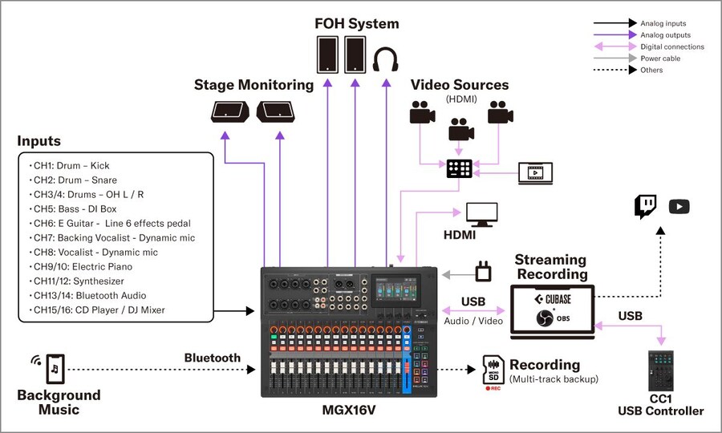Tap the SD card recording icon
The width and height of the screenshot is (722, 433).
493,369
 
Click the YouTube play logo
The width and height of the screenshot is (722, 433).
679,207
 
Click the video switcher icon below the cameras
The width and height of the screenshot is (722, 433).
460,168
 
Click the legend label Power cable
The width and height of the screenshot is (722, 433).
660,59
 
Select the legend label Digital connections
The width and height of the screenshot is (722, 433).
671,47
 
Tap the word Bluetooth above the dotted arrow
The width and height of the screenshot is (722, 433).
212,358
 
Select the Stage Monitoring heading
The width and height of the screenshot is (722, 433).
254,84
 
